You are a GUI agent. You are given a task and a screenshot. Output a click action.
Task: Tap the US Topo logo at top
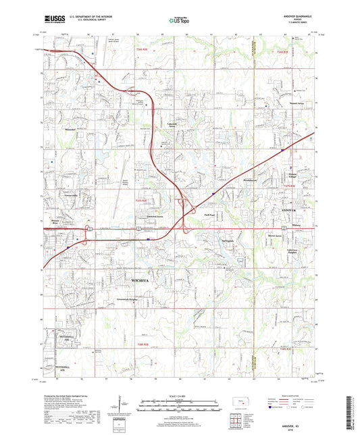(x=177, y=21)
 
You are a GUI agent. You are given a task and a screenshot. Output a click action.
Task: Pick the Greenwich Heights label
(x=130, y=293)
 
